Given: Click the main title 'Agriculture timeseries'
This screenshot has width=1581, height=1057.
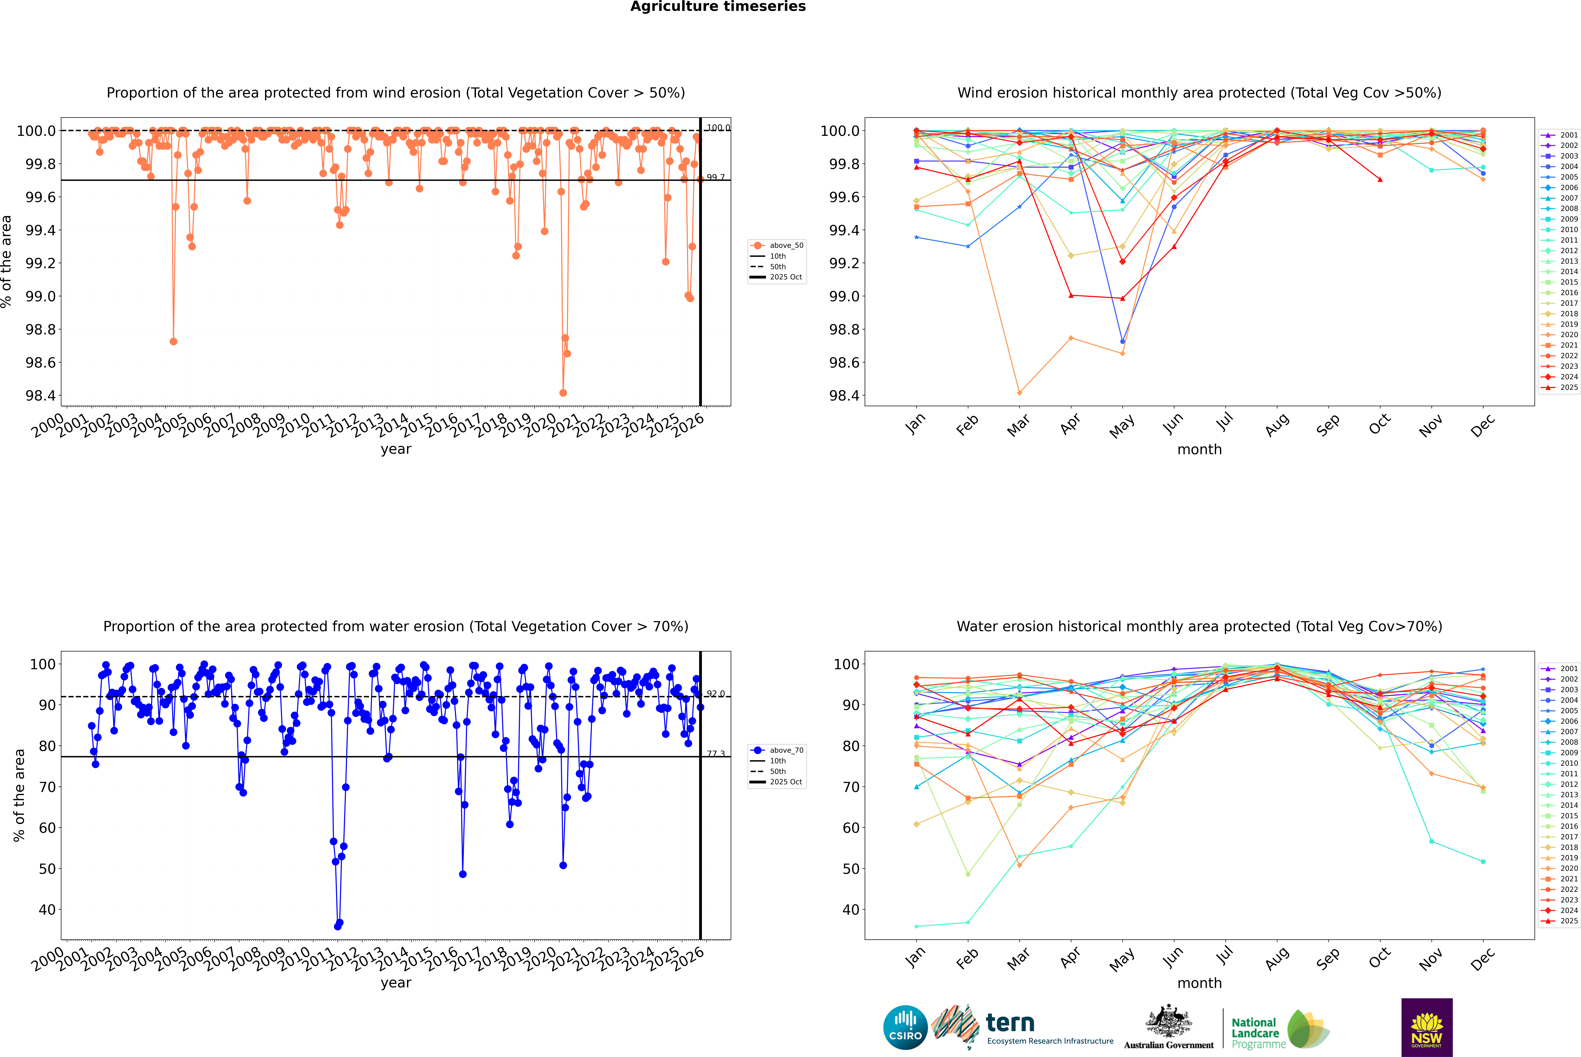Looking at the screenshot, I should (x=718, y=7).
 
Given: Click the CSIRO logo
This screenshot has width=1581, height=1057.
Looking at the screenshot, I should (x=905, y=1027).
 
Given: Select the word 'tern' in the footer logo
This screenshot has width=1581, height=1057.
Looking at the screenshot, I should (x=1010, y=1023).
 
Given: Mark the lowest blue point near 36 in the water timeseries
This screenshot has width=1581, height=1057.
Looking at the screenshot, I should (x=338, y=926).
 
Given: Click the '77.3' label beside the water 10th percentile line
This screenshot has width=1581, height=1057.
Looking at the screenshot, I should (x=716, y=754).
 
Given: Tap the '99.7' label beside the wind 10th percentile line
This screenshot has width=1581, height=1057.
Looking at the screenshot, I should (x=716, y=177).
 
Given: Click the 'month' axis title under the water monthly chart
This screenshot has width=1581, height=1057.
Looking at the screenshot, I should (x=1199, y=983).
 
